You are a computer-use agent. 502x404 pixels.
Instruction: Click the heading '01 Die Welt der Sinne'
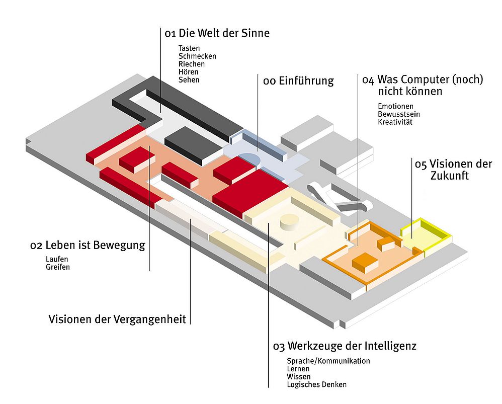217,34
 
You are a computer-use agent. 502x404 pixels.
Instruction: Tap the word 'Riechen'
191,64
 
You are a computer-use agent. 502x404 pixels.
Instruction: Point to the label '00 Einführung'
298,81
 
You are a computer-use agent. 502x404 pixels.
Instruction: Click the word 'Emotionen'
395,106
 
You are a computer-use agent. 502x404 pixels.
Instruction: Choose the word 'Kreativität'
395,122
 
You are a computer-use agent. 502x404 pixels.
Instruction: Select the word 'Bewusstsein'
399,114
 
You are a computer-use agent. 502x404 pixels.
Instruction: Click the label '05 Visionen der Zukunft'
453,170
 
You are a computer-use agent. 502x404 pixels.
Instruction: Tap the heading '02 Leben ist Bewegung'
88,246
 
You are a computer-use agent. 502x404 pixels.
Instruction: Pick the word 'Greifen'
57,267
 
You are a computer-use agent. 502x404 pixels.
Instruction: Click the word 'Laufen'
56,259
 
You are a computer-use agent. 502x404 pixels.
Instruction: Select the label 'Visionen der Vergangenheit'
117,319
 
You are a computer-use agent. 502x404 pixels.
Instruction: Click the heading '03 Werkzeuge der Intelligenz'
345,347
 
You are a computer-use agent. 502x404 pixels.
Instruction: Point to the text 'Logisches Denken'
316,385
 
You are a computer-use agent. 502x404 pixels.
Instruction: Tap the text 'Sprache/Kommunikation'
328,361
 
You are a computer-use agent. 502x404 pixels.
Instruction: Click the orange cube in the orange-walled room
366,262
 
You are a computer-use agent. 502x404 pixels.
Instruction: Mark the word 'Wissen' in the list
298,377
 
